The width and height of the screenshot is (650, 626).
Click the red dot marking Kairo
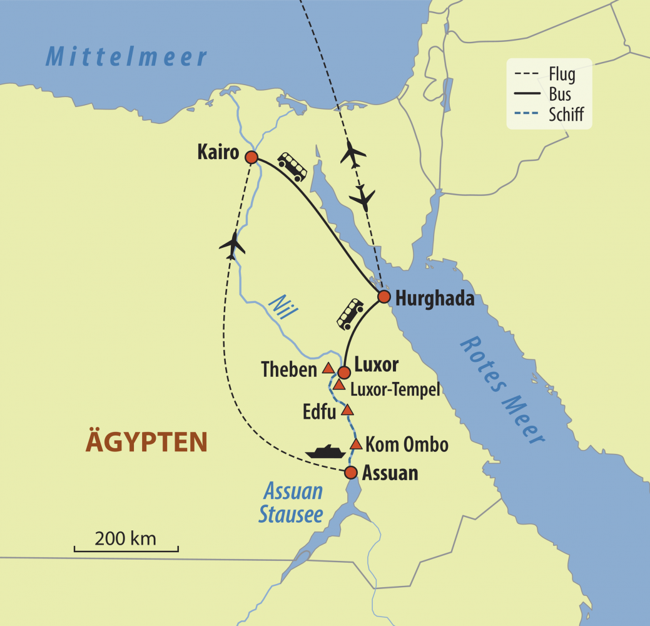click(251, 157)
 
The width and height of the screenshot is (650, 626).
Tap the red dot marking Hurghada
click(384, 296)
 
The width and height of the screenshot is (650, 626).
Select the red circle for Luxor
click(343, 372)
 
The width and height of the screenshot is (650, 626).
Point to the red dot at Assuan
click(351, 472)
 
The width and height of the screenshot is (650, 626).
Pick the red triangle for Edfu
click(348, 411)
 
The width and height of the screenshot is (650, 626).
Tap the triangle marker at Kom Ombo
click(356, 444)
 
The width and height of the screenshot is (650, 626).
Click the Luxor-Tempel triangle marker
click(338, 384)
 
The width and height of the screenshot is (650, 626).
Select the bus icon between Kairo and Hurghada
click(292, 166)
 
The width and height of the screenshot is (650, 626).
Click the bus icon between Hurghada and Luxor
click(350, 314)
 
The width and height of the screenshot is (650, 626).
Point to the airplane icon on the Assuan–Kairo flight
click(232, 245)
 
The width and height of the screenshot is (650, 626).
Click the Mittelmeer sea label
click(126, 58)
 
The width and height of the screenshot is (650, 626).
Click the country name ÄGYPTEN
click(146, 442)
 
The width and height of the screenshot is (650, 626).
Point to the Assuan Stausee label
click(292, 503)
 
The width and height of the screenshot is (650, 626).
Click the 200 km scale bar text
click(126, 538)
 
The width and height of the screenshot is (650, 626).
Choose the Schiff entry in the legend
click(566, 115)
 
